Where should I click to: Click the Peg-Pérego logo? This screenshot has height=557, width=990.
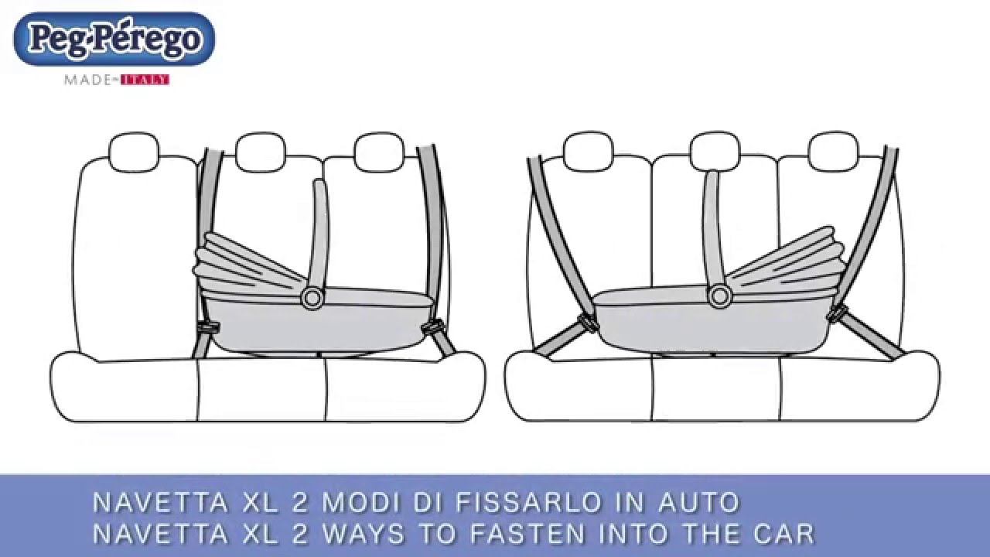tap(115, 39)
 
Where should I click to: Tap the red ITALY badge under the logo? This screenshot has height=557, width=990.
tap(145, 80)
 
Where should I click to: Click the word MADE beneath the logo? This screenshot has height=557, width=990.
tap(88, 80)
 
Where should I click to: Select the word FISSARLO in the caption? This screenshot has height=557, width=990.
tap(528, 502)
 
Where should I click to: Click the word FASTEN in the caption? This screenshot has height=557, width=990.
tap(527, 534)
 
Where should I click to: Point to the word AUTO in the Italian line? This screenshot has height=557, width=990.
tap(699, 502)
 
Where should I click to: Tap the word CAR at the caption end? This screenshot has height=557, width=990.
tap(784, 534)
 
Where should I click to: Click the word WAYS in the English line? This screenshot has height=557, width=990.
tap(364, 534)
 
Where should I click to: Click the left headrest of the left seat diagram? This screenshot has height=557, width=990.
tap(134, 152)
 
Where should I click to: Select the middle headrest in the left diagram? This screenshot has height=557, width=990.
tap(261, 152)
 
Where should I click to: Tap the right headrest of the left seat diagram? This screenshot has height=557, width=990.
tap(379, 152)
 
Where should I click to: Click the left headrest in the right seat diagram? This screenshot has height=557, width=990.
tap(589, 151)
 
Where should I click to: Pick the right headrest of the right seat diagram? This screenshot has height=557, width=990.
tap(834, 151)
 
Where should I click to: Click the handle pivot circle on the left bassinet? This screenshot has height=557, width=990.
tap(312, 299)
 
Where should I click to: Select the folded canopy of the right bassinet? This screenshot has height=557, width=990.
tap(787, 261)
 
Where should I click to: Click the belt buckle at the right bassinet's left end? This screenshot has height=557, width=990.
tap(589, 323)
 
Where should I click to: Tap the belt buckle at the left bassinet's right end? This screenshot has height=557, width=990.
tap(432, 328)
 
